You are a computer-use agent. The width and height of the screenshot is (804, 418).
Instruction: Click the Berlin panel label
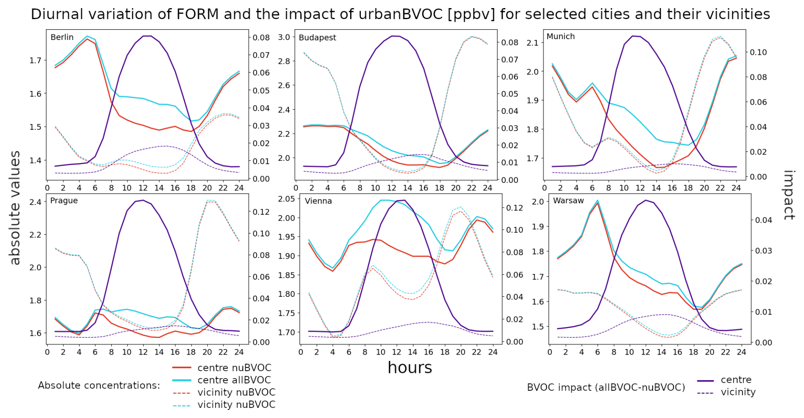[62, 37]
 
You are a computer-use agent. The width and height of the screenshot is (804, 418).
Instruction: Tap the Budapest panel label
[317, 38]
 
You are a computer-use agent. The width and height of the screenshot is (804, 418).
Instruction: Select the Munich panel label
[561, 37]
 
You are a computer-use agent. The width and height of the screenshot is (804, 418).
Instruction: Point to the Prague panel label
[64, 201]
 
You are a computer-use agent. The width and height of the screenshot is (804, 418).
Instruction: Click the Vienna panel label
[318, 201]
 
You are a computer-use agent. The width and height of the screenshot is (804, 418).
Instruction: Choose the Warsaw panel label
[568, 201]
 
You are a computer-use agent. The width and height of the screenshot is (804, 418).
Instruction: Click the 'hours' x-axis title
[410, 368]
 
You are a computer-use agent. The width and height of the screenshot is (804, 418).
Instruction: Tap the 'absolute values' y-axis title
[15, 208]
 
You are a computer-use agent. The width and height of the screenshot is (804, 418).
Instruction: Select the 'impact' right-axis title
[789, 195]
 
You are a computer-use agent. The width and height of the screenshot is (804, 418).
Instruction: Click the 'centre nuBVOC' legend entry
[234, 368]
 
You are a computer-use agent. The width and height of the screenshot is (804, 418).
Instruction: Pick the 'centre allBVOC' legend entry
[234, 380]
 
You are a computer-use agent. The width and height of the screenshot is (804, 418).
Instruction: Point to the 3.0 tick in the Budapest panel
[284, 37]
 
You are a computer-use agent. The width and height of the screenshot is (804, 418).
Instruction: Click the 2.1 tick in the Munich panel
[532, 43]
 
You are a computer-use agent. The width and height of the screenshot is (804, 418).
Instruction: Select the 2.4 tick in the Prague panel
[36, 202]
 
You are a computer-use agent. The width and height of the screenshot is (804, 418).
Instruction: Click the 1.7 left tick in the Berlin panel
[36, 60]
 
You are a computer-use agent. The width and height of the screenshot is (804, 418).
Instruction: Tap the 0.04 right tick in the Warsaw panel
[764, 220]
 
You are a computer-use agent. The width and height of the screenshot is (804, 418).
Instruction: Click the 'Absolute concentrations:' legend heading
[99, 386]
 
